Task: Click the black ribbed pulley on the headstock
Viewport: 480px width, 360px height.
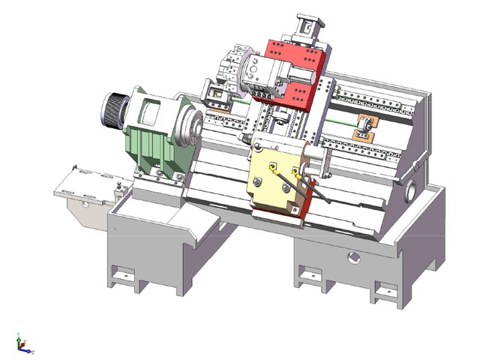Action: [x=114, y=111]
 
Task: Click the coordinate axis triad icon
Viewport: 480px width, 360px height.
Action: [x=22, y=344]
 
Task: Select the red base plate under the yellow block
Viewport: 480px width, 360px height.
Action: [x=281, y=214]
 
